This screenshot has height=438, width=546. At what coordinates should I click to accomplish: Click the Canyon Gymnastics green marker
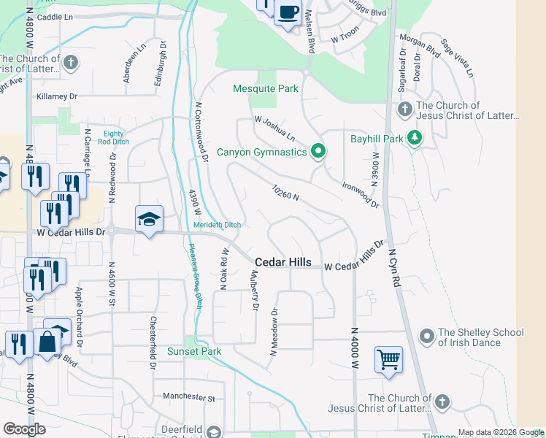(318, 152)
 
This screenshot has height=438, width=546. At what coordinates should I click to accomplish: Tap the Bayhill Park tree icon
(415, 137)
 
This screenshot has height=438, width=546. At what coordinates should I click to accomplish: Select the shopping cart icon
(388, 359)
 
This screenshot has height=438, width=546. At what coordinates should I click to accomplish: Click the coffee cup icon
(288, 12)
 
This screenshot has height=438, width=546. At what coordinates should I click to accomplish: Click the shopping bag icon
(47, 342)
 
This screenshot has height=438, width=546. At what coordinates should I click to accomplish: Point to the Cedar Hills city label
(283, 262)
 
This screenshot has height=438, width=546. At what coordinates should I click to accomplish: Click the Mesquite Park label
(266, 89)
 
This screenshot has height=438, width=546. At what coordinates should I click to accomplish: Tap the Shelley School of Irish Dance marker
(427, 335)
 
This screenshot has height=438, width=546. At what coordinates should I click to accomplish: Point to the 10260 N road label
(286, 196)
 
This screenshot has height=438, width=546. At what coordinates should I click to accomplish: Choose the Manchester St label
(190, 399)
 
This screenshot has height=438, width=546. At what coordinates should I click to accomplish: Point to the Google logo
(25, 429)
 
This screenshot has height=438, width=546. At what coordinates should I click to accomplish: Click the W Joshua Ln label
(274, 128)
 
